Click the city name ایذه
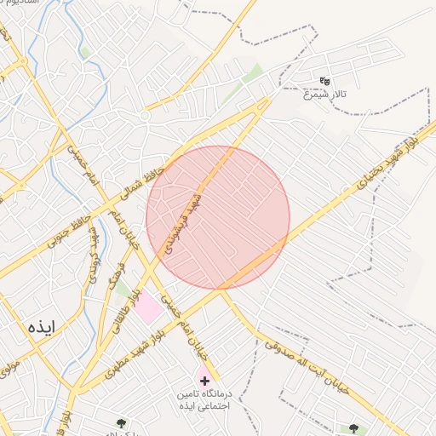coord(41,326)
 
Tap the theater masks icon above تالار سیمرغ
coord(324,81)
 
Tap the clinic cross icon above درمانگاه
coord(204,379)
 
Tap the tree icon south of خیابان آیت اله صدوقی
coord(353,428)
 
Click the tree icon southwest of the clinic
coord(121,422)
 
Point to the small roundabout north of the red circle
coord(146,114)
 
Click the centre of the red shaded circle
coord(218,217)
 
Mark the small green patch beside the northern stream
coord(86,52)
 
